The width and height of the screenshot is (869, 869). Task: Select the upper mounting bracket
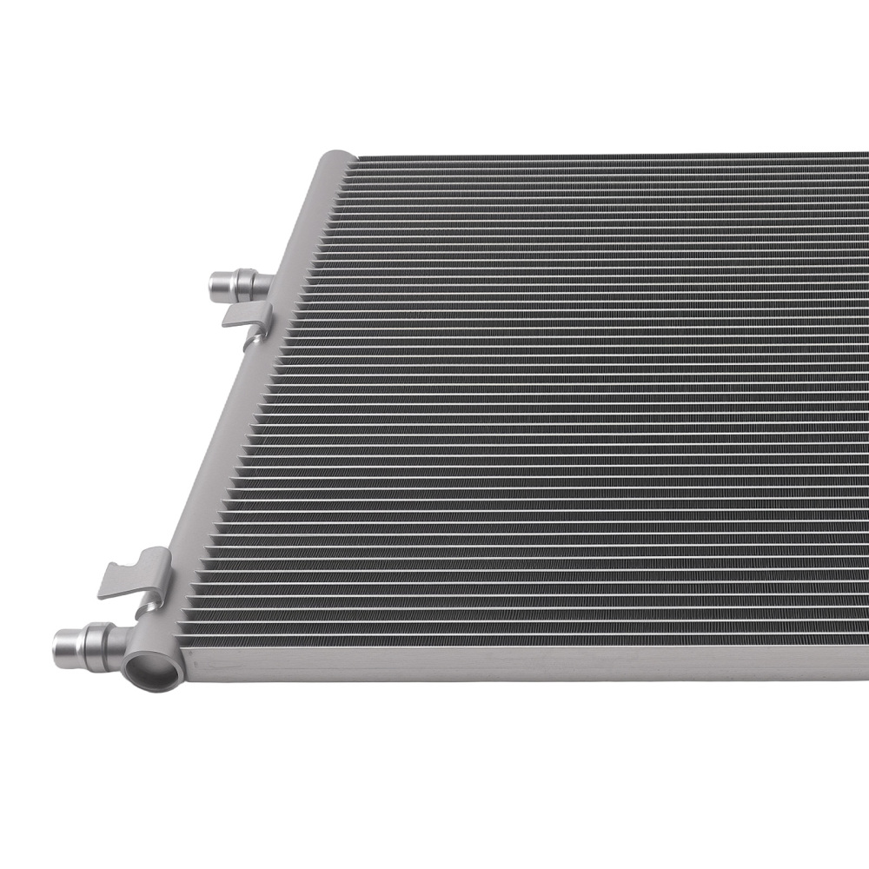point(248,320)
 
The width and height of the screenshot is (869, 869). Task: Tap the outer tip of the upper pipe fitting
point(215,283)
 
